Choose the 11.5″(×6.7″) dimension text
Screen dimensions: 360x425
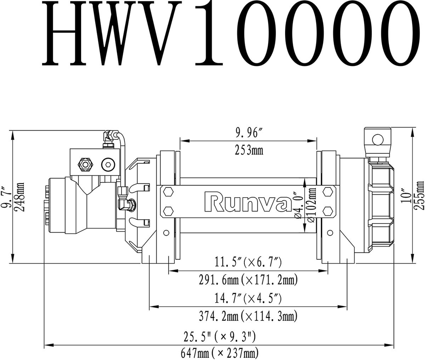[x=248, y=263]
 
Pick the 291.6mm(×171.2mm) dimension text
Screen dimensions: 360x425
[x=248, y=280]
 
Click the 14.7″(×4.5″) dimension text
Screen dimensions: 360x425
[x=248, y=298]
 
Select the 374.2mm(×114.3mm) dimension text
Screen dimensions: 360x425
[x=248, y=316]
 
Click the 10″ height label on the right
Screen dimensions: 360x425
[x=409, y=196]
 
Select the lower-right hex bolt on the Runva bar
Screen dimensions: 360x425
[x=327, y=211]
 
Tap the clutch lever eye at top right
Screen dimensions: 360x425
[x=376, y=139]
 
